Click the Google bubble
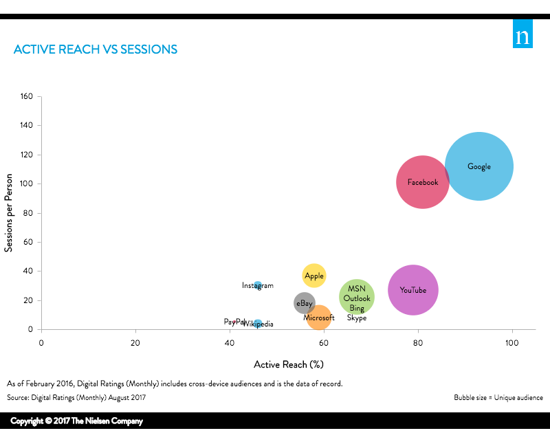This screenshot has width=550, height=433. coord(479,166)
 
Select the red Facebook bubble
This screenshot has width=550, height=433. coord(423,182)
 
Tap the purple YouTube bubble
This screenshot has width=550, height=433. coord(413,290)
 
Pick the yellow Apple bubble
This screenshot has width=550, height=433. coord(314,276)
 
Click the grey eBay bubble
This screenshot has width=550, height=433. coord(304,303)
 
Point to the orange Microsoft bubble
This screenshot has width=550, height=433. coord(319,318)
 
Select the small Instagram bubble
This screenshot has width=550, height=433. coord(258,285)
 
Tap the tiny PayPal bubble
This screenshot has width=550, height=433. coord(235,321)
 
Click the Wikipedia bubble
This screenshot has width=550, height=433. coord(258,324)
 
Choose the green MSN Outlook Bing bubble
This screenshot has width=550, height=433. coord(357,298)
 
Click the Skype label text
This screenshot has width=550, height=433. coord(357,318)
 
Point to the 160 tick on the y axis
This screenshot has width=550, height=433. coord(27,96)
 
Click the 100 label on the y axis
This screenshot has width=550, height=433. coord(27,184)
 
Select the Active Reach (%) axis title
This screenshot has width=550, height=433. coord(289,364)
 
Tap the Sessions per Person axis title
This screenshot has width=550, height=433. coord(9,213)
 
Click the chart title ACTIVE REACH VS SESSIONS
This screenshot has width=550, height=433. coord(96,49)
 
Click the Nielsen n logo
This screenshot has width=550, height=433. coord(522,36)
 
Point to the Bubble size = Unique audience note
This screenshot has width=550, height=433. coord(498,398)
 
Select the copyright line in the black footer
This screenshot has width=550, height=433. coord(76,421)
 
